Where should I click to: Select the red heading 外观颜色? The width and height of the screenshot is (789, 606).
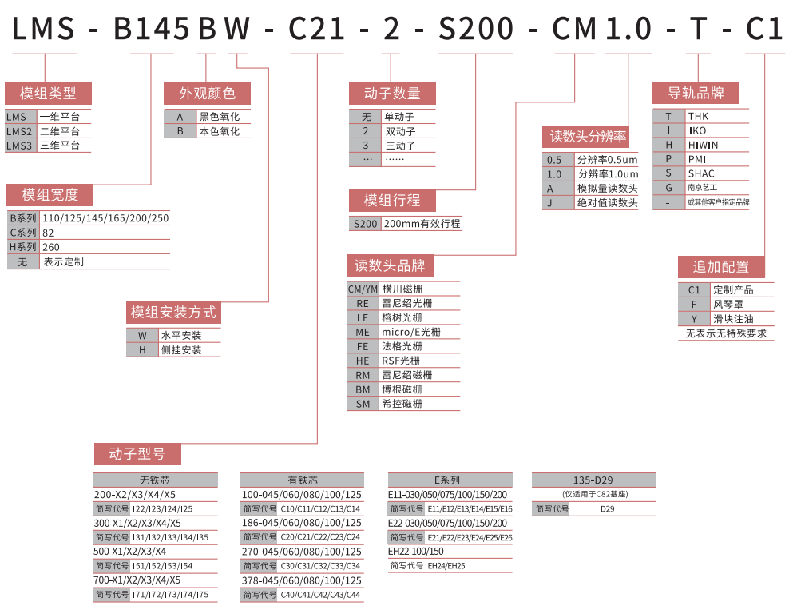pos(207,94)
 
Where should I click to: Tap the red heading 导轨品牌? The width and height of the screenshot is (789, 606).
pos(696,93)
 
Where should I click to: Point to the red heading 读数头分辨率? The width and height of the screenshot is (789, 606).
pos(588,136)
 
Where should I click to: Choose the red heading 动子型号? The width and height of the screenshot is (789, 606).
pos(137,454)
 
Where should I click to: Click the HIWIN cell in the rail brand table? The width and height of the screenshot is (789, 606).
pos(703,145)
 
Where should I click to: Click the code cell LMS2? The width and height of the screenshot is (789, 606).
pos(19,131)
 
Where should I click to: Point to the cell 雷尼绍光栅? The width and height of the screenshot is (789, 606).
pos(407,303)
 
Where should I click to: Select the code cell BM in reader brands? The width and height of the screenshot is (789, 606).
pos(363,389)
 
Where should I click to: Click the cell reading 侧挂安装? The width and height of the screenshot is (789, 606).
pos(181,350)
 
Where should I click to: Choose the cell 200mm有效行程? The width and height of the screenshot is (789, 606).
pos(422,224)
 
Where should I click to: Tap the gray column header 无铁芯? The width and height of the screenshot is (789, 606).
pos(156,480)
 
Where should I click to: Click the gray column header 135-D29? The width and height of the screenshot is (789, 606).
pos(593,480)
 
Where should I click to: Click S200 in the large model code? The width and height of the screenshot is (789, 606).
pos(476,30)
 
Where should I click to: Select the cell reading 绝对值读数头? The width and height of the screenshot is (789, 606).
pos(608,202)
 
